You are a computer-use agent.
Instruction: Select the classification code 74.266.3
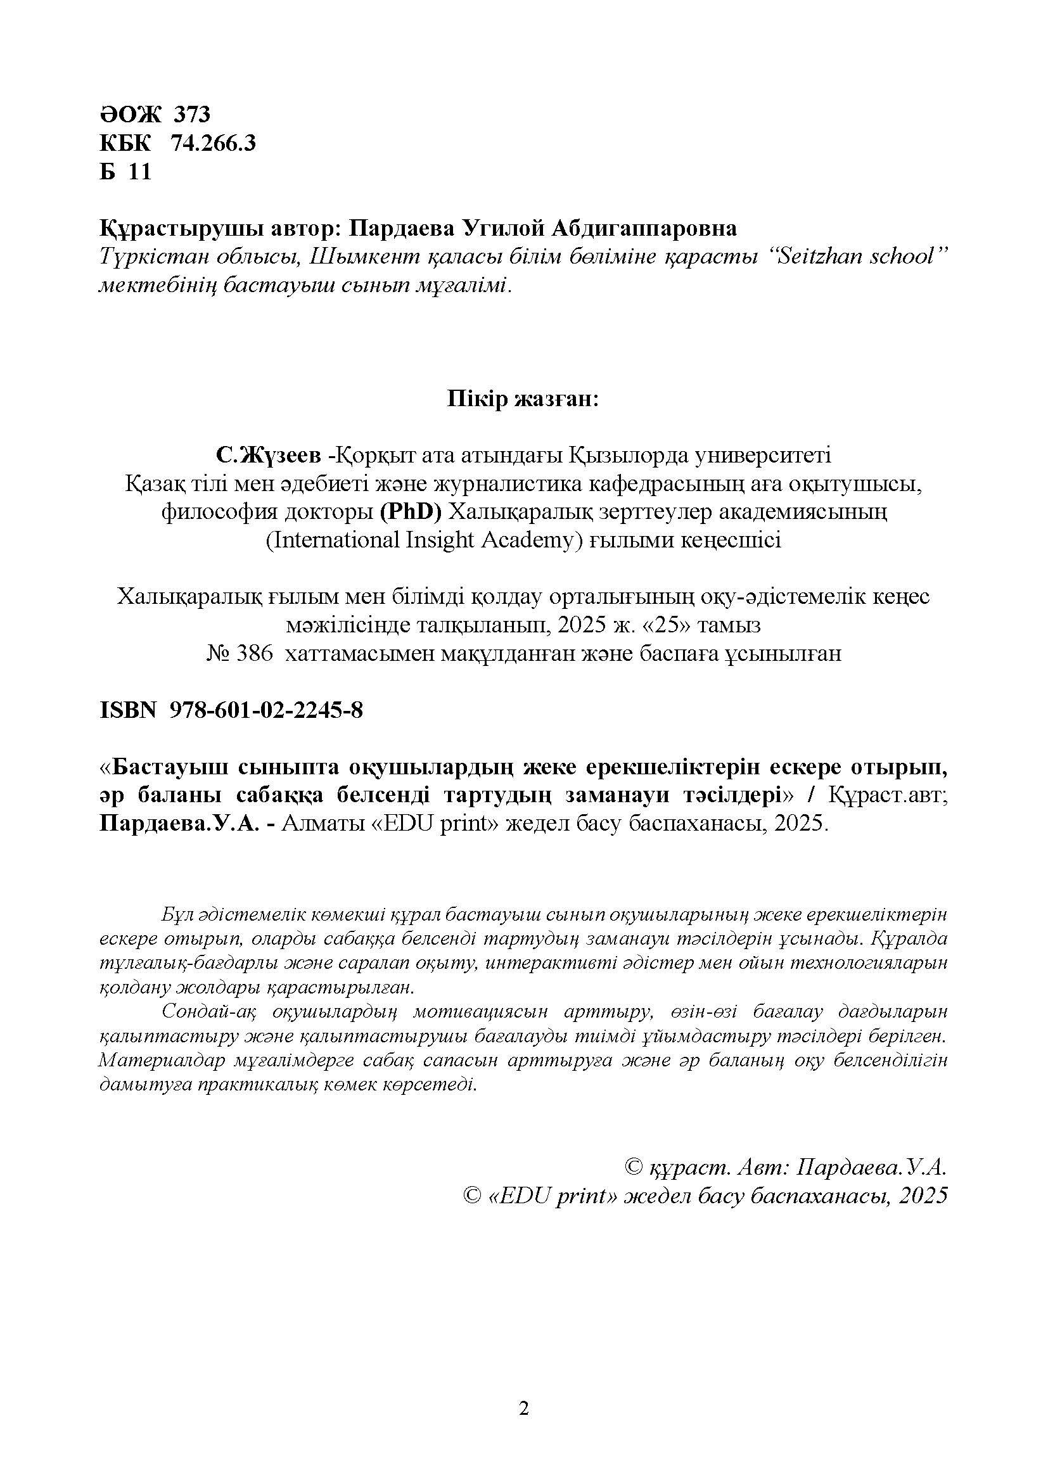point(213,143)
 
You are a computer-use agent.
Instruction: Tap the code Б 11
point(125,172)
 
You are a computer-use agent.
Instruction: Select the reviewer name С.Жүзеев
point(269,456)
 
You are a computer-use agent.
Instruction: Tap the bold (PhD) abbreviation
point(411,512)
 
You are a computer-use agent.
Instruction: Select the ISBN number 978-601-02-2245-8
point(266,711)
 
